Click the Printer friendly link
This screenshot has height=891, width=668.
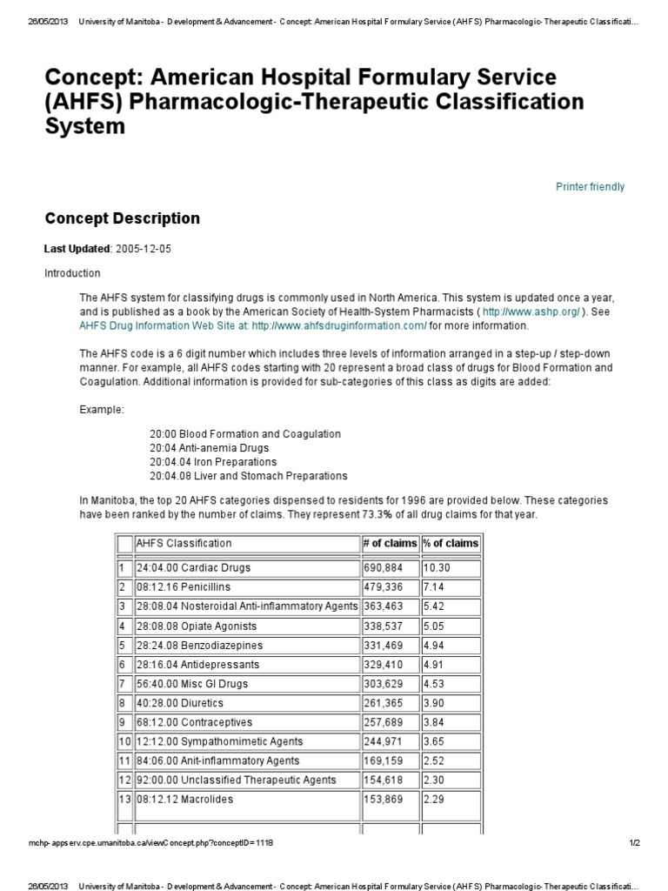tap(590, 187)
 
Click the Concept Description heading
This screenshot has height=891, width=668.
tap(122, 218)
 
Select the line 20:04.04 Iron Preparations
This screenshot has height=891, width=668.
tap(213, 462)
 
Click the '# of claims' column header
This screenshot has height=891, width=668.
tap(390, 544)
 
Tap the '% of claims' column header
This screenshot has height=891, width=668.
tap(451, 544)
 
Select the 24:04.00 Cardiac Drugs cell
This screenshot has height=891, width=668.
tap(194, 568)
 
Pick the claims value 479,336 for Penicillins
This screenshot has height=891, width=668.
tap(384, 587)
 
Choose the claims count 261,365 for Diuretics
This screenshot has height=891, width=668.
tap(384, 703)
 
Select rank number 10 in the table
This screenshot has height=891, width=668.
tap(124, 741)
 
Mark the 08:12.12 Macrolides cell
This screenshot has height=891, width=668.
tap(185, 800)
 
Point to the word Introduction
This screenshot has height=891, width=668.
tap(72, 273)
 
